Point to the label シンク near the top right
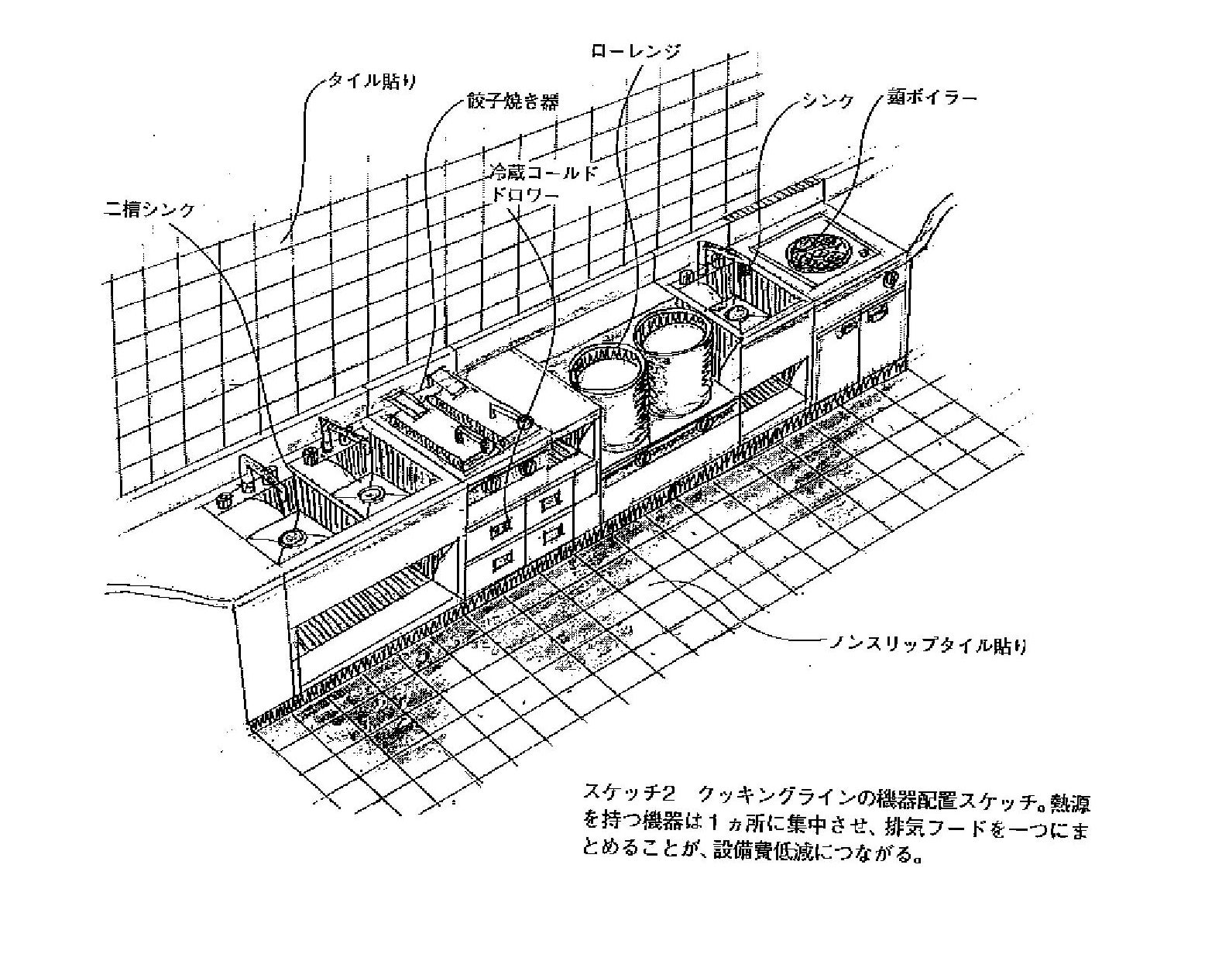tap(827, 100)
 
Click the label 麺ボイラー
tap(932, 98)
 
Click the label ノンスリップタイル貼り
tap(929, 644)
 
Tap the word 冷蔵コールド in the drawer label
tap(544, 172)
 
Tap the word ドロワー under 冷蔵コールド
tap(525, 195)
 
